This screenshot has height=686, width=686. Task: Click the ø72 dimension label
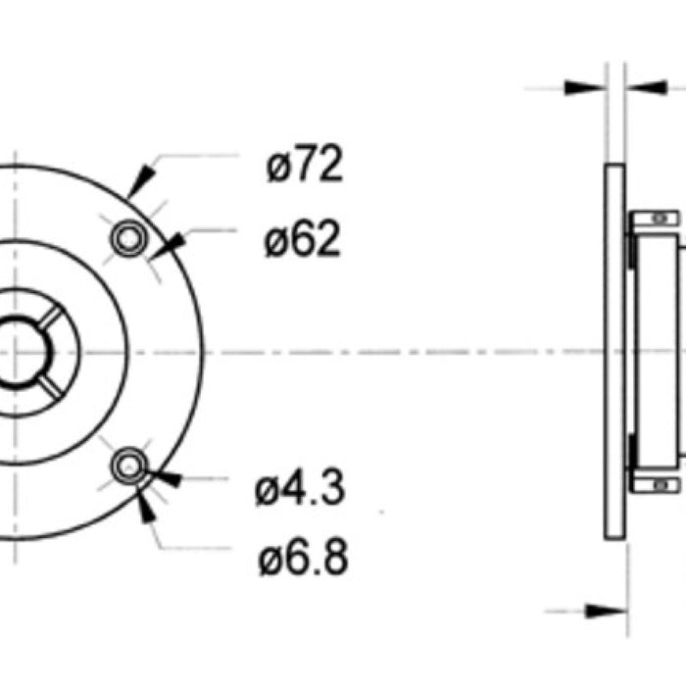[304, 167]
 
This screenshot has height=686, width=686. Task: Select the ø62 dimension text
[302, 239]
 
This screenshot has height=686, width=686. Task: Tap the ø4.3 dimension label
[300, 489]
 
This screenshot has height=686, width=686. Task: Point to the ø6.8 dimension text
[303, 560]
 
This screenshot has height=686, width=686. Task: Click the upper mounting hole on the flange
[127, 237]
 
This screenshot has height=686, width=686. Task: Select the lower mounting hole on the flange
[128, 467]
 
